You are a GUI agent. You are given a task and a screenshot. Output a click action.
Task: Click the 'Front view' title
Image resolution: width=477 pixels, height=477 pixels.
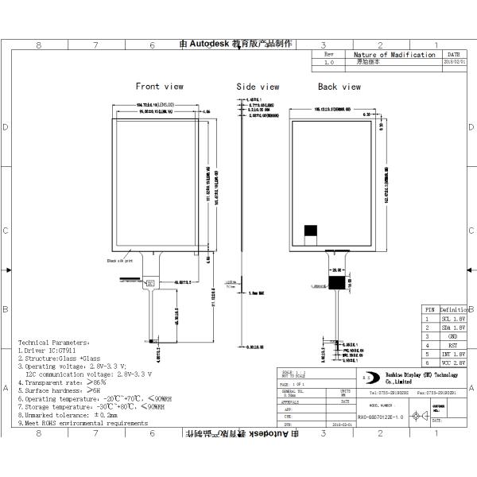159,86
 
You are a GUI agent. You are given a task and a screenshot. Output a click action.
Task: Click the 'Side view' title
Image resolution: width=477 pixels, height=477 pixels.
258,87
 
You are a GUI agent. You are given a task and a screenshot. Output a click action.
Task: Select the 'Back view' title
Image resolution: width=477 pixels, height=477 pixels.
339,87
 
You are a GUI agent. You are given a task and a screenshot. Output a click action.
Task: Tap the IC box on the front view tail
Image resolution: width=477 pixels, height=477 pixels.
150,282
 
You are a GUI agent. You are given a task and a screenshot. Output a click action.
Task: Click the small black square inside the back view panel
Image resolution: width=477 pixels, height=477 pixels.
312,231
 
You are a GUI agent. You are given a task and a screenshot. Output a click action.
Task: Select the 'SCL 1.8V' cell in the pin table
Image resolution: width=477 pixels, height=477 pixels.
451,317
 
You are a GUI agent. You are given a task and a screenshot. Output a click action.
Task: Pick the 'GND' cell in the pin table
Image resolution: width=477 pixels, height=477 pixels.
451,336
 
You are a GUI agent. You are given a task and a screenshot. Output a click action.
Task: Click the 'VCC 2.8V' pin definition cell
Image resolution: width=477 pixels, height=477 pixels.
451,364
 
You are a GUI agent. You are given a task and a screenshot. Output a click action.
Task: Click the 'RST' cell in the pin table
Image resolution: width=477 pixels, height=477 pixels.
451,346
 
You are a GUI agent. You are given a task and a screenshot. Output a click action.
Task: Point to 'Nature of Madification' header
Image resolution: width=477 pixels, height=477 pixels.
394,55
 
